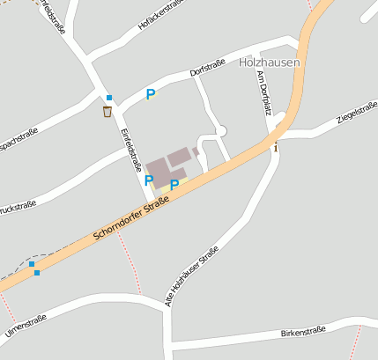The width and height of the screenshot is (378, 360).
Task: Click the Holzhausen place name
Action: pyautogui.click(x=270, y=62)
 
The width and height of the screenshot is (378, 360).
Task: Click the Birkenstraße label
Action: pyautogui.click(x=303, y=331)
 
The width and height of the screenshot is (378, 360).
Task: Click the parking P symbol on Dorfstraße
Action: pyautogui.click(x=151, y=94)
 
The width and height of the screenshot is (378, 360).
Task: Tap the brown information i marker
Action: pyautogui.click(x=276, y=146)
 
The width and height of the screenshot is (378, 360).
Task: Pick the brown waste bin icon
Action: pyautogui.click(x=107, y=111)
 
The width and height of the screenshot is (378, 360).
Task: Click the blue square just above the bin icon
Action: pyautogui.click(x=109, y=98)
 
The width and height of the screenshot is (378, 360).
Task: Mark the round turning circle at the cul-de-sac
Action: pyautogui.click(x=221, y=131)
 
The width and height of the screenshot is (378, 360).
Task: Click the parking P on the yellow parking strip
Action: pyautogui.click(x=174, y=184)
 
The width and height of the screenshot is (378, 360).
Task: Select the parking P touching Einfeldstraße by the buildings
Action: pyautogui.click(x=149, y=180)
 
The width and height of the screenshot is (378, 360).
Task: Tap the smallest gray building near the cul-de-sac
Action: pyautogui.click(x=196, y=151)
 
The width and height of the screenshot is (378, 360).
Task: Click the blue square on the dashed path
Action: pyautogui.click(x=31, y=263)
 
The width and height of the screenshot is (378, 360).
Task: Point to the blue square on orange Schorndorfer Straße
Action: pyautogui.click(x=37, y=273)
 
